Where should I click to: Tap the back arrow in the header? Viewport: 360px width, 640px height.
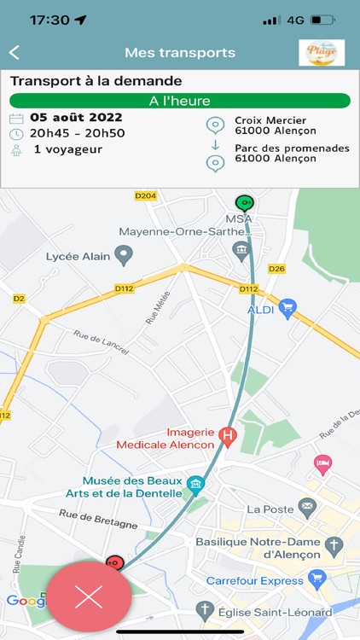coord(14,53)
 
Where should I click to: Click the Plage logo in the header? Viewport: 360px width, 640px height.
coord(322,53)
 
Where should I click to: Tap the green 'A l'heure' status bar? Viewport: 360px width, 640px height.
coord(179,101)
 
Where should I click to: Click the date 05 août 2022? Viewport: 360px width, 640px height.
coord(76,118)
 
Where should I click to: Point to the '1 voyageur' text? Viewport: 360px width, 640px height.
coord(68,149)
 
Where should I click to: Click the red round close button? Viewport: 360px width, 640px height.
coord(89,596)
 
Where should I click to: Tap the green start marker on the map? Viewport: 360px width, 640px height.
coord(245,203)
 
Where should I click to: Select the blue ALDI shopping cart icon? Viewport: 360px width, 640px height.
coord(287,308)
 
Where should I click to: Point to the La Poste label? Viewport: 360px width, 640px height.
coord(269,509)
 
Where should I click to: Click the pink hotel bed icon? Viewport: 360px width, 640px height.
coord(323,464)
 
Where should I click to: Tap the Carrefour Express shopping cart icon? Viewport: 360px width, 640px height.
coord(317,579)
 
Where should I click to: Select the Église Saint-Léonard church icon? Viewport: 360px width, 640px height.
coord(204,609)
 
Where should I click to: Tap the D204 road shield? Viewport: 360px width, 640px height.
coord(146,195)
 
